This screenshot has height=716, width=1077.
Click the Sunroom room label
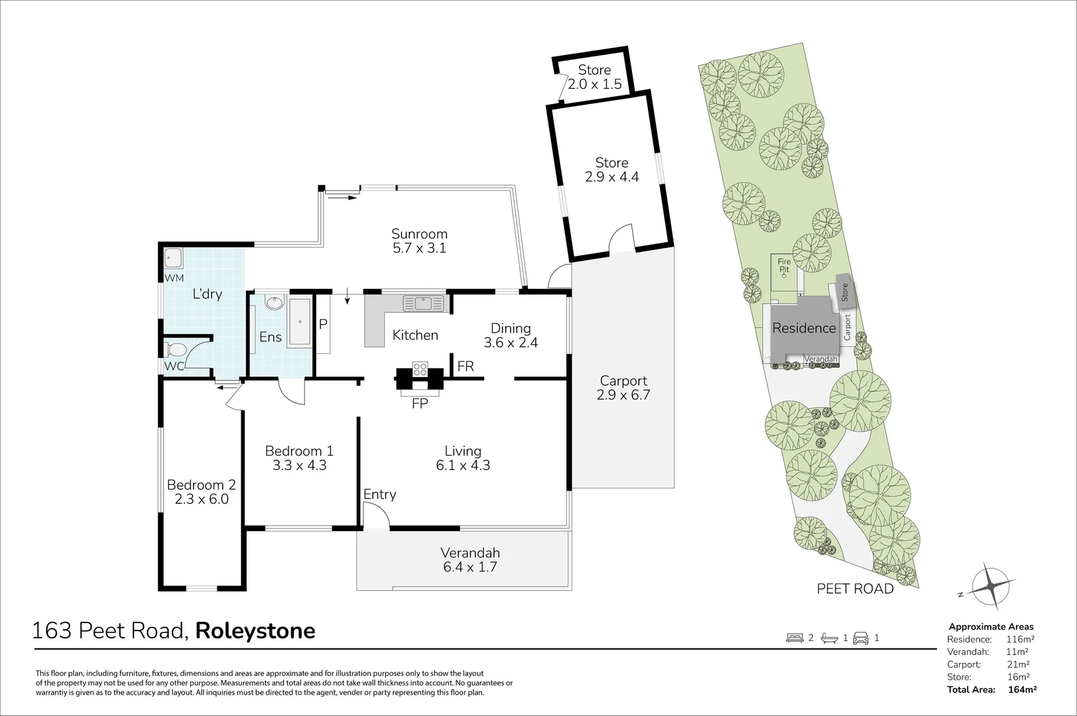click(419, 234)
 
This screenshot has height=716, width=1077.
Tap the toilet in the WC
click(175, 349)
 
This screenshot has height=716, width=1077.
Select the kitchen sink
click(423, 304)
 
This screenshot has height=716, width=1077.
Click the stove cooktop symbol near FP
click(420, 369)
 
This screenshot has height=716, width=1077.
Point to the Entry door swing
click(375, 515)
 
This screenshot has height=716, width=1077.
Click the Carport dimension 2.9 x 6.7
click(623, 396)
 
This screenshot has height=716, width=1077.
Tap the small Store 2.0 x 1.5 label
click(594, 77)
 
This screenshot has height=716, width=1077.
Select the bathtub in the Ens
click(300, 322)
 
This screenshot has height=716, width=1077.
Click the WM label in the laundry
click(174, 278)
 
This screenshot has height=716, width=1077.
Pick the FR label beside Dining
click(466, 366)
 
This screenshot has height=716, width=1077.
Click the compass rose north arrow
click(991, 586)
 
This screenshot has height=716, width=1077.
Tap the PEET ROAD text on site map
click(855, 589)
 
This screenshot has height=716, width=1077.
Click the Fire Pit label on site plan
click(784, 266)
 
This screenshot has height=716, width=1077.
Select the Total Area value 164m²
click(1021, 689)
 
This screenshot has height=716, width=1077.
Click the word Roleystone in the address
click(255, 630)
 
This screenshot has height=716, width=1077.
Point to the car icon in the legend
click(861, 638)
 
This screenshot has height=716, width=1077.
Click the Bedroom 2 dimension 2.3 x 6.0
click(202, 499)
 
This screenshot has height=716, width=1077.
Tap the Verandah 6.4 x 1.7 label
click(470, 560)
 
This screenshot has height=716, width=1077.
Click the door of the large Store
click(621, 238)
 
